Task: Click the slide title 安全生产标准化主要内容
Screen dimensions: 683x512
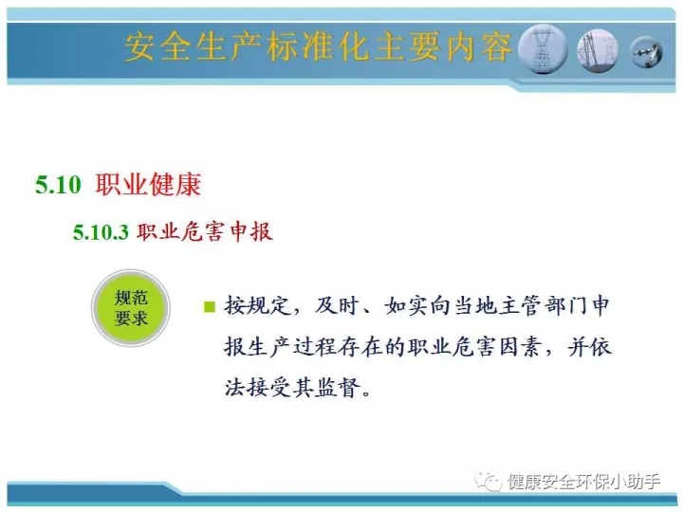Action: pos(319,46)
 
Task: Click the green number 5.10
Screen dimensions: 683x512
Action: pos(59,184)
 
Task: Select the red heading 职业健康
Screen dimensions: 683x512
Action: pos(148,184)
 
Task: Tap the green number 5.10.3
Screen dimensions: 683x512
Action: pos(101,231)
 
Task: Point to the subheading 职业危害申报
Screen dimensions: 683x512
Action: pos(205,231)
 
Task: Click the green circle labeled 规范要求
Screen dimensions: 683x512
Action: pos(131,308)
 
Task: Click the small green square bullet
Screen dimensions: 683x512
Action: pos(210,307)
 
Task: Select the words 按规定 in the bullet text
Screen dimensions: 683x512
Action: pos(258,305)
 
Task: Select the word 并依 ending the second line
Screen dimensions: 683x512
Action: pos(589,347)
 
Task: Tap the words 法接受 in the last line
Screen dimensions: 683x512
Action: pos(258,388)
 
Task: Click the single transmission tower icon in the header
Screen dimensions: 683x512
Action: pos(543,48)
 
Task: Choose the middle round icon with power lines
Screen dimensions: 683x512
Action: pos(598,50)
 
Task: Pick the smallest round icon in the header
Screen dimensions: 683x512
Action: pos(647,52)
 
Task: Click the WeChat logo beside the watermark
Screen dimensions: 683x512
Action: pos(488,482)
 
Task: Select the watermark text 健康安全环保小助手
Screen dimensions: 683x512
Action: pos(583,482)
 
